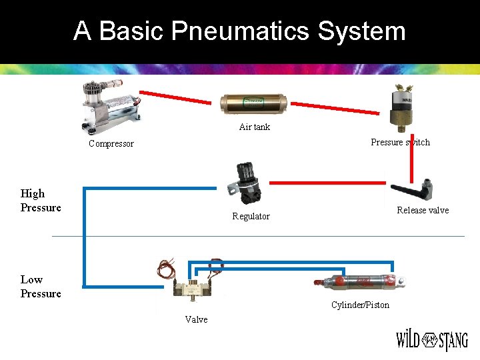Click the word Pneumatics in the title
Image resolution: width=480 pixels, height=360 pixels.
click(x=240, y=31)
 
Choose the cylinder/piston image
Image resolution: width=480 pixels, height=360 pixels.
click(x=360, y=283)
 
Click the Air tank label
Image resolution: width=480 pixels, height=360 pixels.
click(x=255, y=127)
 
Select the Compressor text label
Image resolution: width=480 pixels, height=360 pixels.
click(x=111, y=144)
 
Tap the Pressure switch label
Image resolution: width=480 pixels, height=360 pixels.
click(x=400, y=142)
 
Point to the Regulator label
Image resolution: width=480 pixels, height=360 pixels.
click(x=251, y=216)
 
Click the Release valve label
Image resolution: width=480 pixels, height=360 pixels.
click(x=423, y=210)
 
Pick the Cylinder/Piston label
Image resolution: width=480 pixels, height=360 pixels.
click(x=360, y=305)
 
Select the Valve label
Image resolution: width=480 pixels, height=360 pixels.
click(x=196, y=319)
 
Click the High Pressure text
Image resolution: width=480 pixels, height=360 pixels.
click(x=41, y=200)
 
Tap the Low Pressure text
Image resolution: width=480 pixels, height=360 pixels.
click(x=41, y=287)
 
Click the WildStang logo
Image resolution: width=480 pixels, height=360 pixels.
click(x=432, y=341)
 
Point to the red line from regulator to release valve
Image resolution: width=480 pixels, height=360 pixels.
click(x=327, y=181)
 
